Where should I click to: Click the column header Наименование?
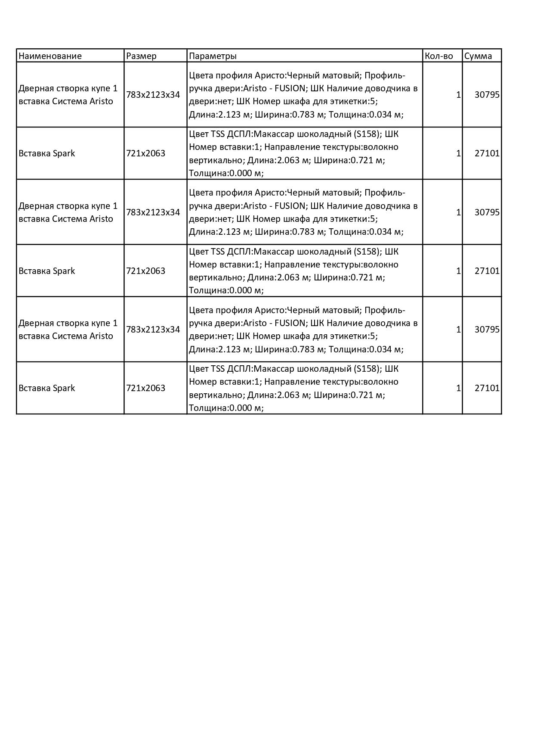pos(50,56)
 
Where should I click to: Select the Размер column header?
pos(141,56)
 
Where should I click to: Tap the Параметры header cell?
pos(213,56)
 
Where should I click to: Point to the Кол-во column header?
pos(438,56)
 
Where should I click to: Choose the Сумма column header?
pos(478,56)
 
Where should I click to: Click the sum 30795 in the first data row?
pos(487,95)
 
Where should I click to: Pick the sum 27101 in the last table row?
pos(487,388)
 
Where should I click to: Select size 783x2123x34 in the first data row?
pos(153,95)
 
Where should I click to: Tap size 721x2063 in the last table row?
pos(145,388)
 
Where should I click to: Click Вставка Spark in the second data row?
pos(46,153)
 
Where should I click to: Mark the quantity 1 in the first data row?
pos(458,95)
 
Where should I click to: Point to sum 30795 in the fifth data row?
pos(487,330)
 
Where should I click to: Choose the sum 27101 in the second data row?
pos(487,153)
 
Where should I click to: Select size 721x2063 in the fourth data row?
pos(145,271)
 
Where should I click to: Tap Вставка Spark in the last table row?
pos(46,388)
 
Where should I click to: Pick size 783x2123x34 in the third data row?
pos(153,212)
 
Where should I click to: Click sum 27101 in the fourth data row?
pos(487,271)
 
